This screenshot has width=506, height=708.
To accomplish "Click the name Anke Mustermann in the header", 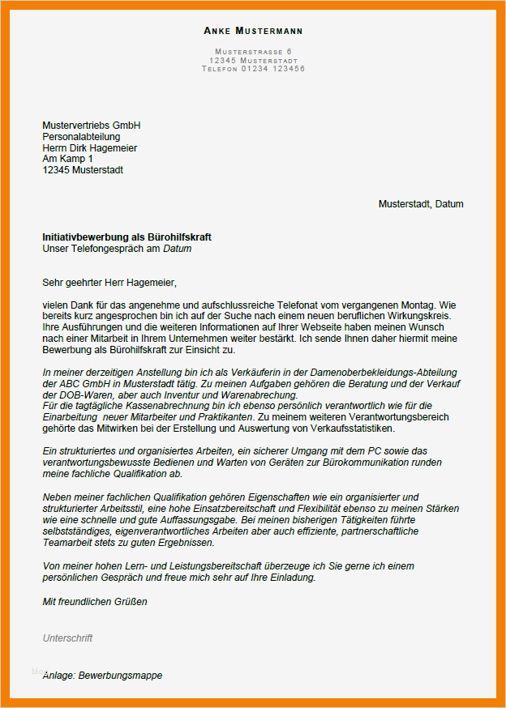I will point(253,31).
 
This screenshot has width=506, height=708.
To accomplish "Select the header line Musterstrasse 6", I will point(253,52).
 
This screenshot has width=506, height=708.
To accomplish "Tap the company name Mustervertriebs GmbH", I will point(91,126).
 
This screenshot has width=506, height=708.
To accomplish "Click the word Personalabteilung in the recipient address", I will point(80,137).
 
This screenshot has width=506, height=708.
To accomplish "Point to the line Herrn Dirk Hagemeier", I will point(89,148).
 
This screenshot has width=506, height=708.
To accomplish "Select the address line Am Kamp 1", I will point(67,160).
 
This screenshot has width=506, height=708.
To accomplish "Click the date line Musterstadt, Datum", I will point(421,204).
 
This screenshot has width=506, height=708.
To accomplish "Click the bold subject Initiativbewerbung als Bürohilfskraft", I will point(126,237).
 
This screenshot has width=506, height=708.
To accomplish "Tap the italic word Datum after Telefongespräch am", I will point(178,249).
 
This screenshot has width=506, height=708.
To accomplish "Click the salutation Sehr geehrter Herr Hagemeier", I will point(109,283).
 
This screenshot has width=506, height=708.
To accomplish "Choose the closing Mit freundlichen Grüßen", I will point(95,602).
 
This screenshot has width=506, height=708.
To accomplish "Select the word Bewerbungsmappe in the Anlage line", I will point(120,675).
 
